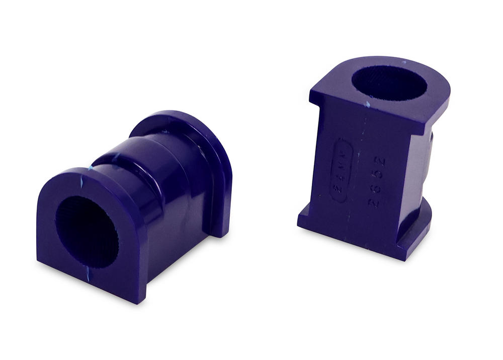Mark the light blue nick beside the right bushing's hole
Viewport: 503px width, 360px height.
[x=368, y=104]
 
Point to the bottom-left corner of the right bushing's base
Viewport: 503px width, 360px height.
[x=299, y=224]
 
